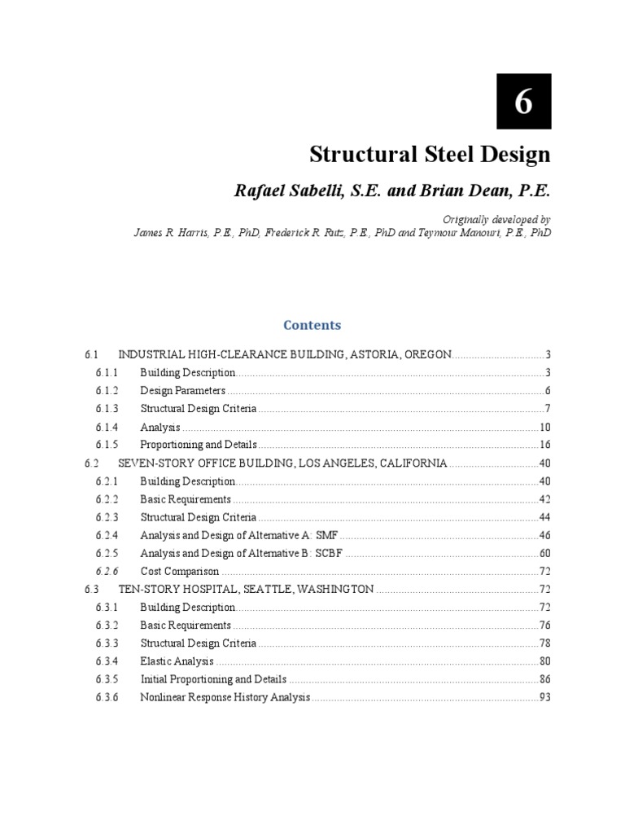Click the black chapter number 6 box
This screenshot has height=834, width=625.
point(524,101)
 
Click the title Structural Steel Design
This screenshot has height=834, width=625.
point(430,155)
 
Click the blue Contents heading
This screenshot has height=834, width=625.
point(312,325)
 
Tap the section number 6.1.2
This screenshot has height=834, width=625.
point(107,390)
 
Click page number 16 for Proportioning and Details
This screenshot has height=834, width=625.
point(545,445)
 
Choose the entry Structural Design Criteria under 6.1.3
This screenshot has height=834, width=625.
point(198,408)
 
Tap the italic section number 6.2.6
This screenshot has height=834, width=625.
point(107,571)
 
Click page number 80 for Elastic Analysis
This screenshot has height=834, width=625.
point(545,661)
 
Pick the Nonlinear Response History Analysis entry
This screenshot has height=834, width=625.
point(225,697)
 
